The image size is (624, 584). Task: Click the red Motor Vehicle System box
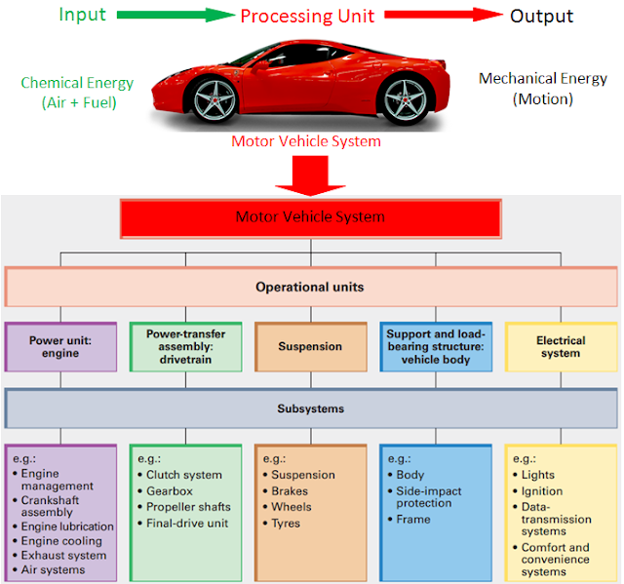pos(311,217)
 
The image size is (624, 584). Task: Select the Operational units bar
pos(311,288)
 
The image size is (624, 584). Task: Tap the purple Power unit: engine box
pos(60,347)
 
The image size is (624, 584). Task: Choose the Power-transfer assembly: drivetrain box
pos(185,347)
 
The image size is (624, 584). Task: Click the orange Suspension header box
pos(311,347)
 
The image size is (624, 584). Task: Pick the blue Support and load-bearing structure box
pos(436,347)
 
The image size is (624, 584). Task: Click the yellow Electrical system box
pos(561,347)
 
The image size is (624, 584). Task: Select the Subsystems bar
pos(311,409)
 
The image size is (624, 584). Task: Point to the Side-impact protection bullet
pos(428,497)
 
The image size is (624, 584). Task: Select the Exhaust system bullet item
pos(67,556)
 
